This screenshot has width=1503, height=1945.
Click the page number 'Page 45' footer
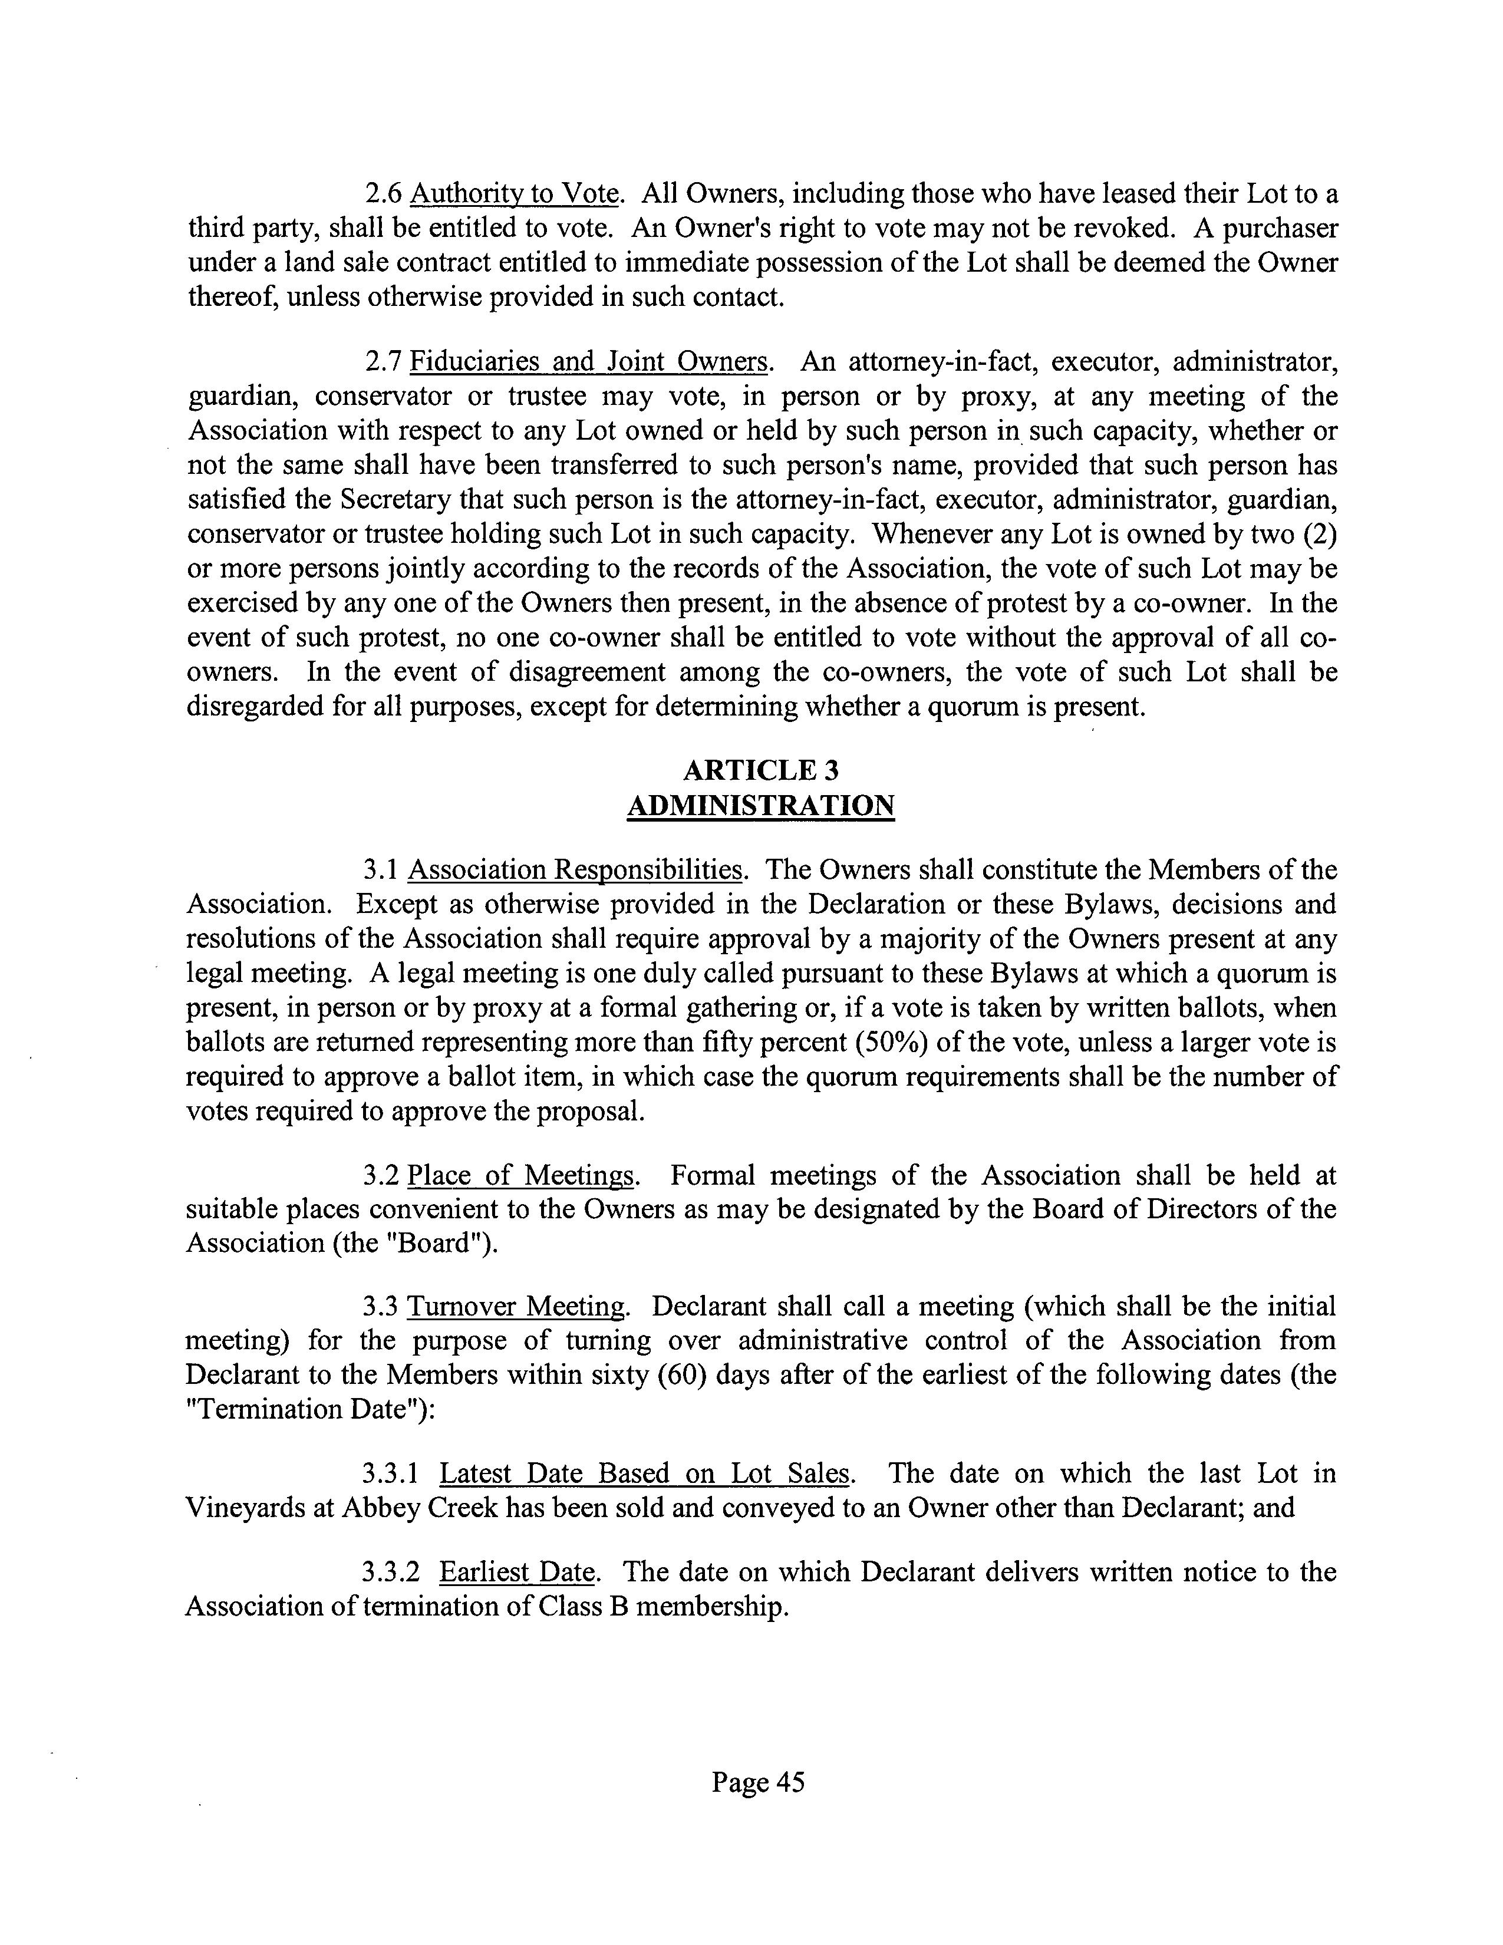(x=758, y=1781)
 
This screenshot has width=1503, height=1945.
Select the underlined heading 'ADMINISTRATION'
(x=760, y=805)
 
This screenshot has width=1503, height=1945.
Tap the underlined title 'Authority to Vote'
(x=514, y=194)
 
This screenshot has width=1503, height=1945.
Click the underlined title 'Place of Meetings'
(x=521, y=1176)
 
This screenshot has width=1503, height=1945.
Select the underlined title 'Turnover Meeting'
(x=516, y=1307)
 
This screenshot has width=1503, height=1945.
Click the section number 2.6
(x=385, y=194)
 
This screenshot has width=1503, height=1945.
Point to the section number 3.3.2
(x=391, y=1572)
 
